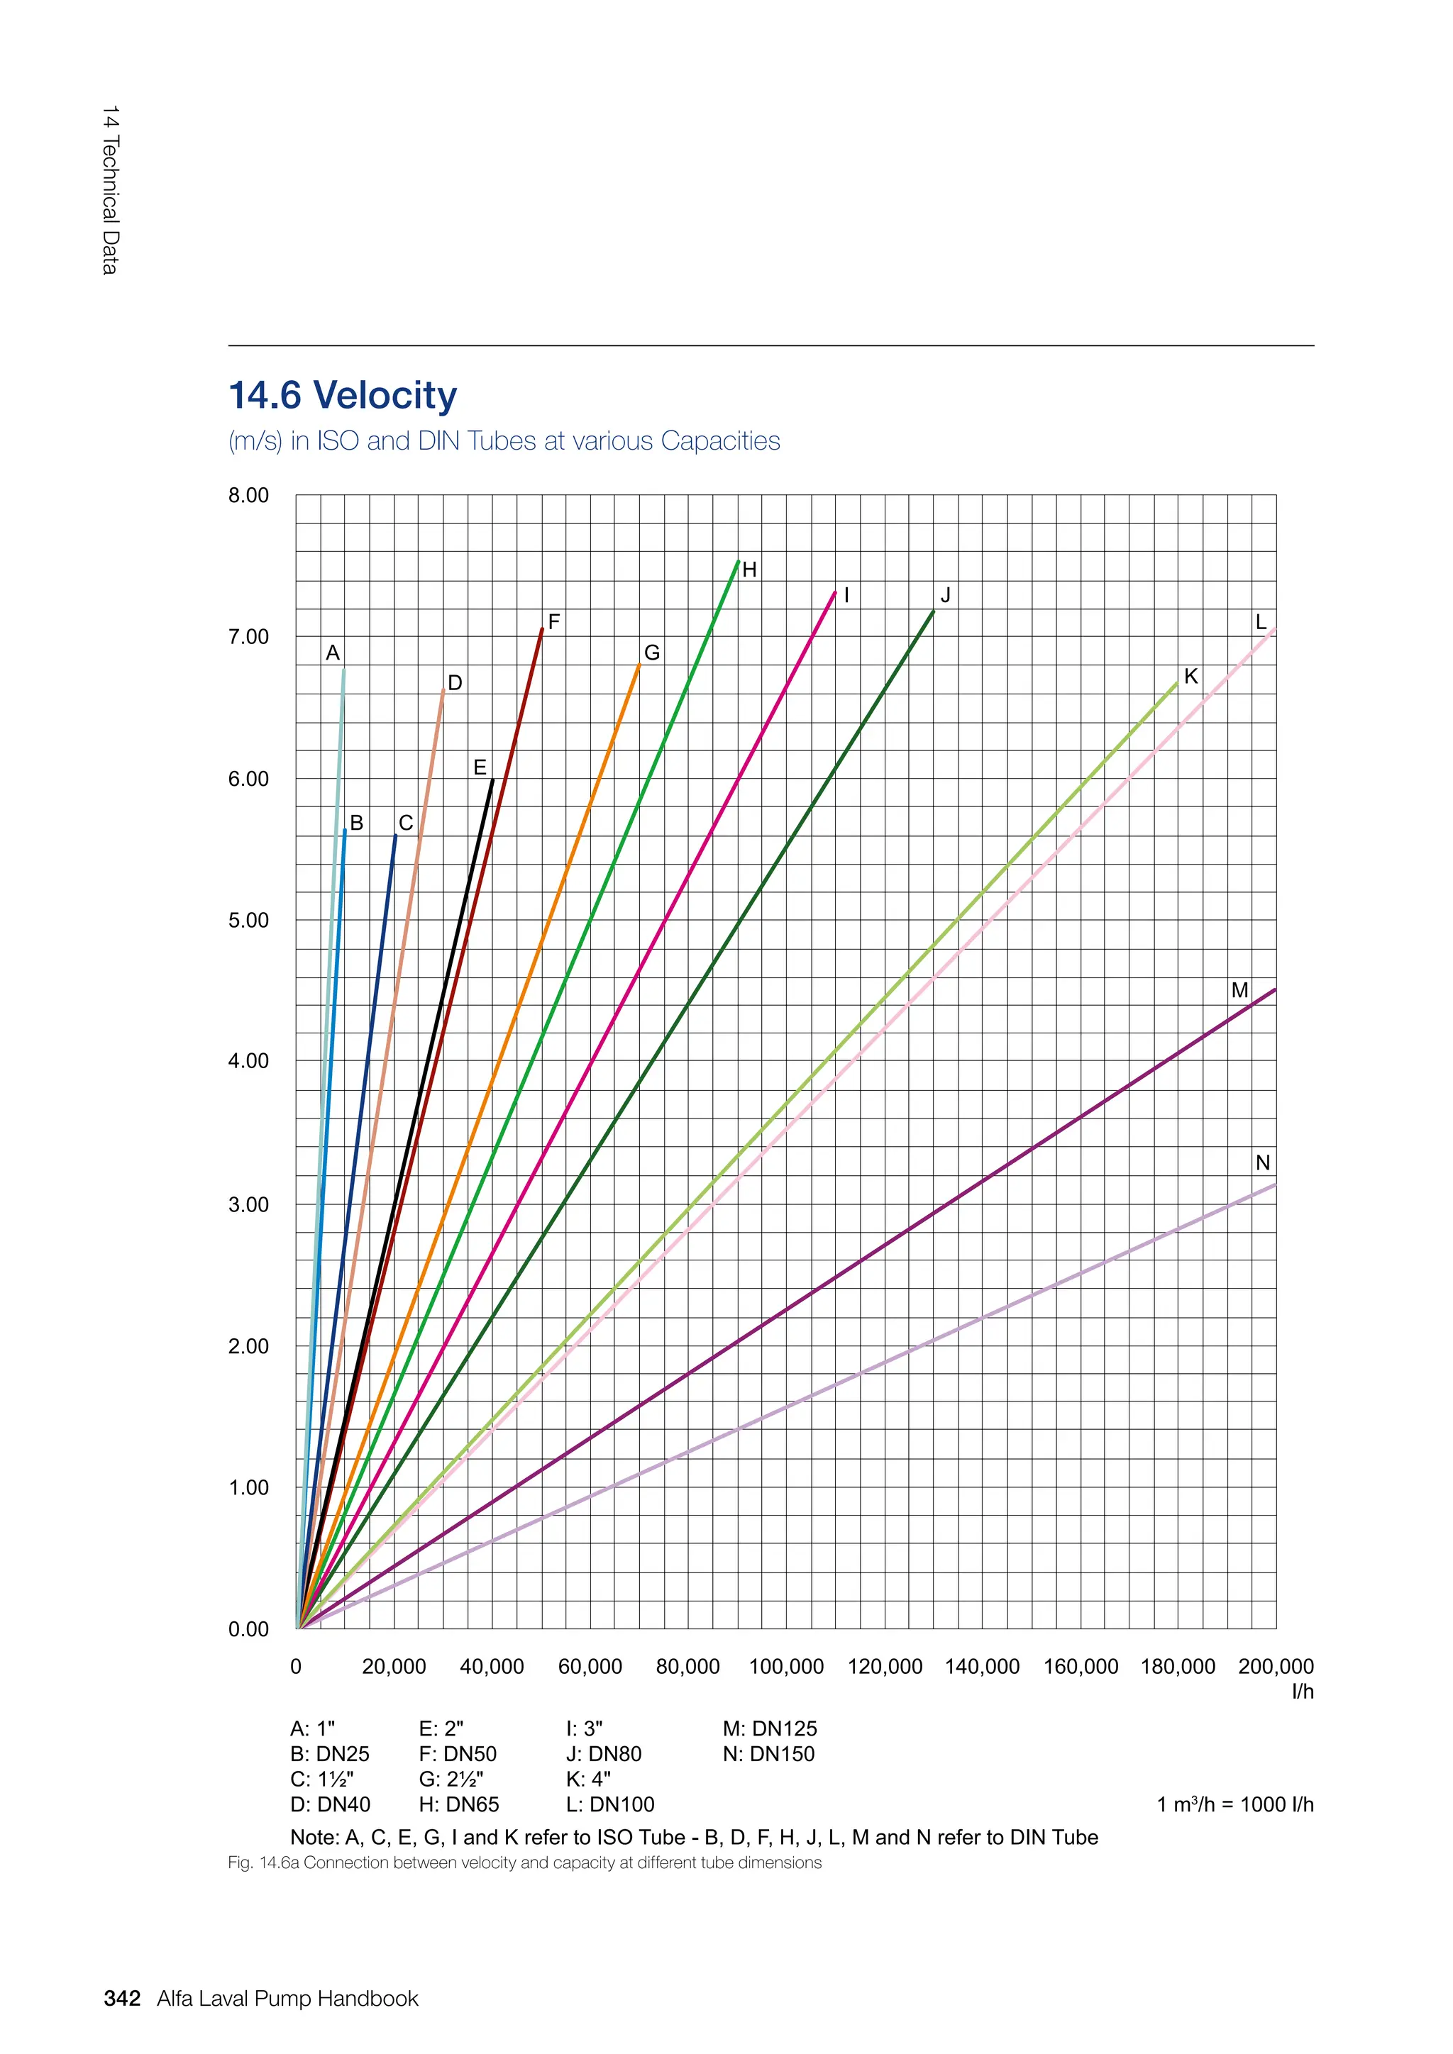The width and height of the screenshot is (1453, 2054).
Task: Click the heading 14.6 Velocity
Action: point(343,396)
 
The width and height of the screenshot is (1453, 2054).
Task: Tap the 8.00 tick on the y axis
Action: point(248,496)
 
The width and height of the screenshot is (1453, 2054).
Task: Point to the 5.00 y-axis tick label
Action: point(248,921)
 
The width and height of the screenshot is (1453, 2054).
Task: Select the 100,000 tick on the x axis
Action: point(785,1667)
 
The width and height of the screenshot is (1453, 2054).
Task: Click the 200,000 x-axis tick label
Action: point(1275,1667)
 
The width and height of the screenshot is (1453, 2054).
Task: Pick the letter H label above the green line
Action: point(750,570)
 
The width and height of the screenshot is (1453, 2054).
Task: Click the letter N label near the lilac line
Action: point(1262,1163)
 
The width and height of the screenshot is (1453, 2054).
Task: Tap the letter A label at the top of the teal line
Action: point(333,653)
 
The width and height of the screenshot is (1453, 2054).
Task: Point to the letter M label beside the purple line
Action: point(1239,990)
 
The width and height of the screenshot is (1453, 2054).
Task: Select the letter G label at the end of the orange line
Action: point(652,653)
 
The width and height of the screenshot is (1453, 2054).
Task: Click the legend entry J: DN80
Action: point(603,1754)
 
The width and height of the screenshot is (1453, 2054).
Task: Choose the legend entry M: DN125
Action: point(770,1729)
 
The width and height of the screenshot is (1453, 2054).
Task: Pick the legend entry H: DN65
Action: point(458,1804)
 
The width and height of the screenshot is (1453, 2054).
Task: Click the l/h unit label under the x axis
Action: point(1302,1692)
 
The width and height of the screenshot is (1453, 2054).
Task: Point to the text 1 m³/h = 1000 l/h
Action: point(1234,1804)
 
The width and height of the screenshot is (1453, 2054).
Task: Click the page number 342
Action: point(122,1999)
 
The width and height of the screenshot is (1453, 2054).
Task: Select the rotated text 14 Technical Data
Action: point(110,189)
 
